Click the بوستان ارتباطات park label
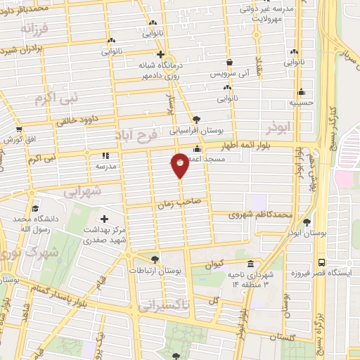pyautogui.click(x=155, y=270)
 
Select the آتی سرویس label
pyautogui.click(x=229, y=73)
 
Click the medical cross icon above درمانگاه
pyautogui.click(x=160, y=53)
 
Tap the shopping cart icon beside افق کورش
pyautogui.click(x=19, y=129)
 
